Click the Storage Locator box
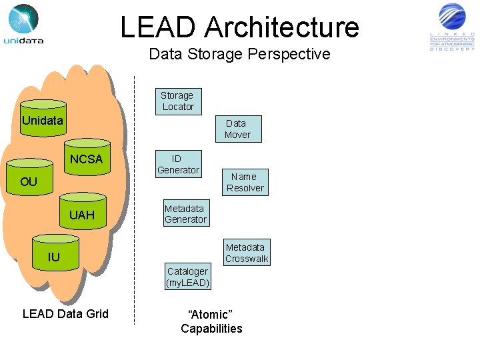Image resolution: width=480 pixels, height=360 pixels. pos(178,101)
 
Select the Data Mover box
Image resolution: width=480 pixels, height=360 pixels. pos(237,129)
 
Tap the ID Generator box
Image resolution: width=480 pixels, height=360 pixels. pos(177,164)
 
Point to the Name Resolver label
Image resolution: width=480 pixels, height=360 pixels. pos(245,182)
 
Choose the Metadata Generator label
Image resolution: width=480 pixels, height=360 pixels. pos(185,214)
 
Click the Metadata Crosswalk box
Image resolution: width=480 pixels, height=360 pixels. pos(246,253)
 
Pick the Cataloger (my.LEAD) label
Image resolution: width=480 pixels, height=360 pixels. pos(187,277)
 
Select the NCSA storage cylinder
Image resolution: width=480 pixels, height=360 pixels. pos(87,159)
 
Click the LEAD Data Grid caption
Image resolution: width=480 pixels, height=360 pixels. pos(65,314)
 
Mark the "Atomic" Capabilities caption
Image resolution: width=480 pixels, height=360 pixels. pos(211,321)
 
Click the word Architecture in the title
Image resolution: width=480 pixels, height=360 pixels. pos(281,27)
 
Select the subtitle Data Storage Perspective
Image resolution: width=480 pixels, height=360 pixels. pos(239,54)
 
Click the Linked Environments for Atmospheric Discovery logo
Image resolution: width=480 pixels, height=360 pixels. pos(453,27)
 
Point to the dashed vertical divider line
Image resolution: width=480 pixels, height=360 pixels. pos(134,200)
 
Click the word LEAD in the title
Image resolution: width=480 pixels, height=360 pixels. pos(159,27)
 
